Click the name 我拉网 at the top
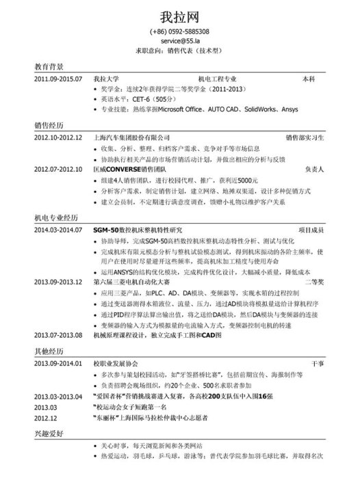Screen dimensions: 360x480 click(180, 15)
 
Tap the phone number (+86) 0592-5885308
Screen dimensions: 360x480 click(180, 32)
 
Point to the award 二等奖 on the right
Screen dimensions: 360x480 click(314, 282)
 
